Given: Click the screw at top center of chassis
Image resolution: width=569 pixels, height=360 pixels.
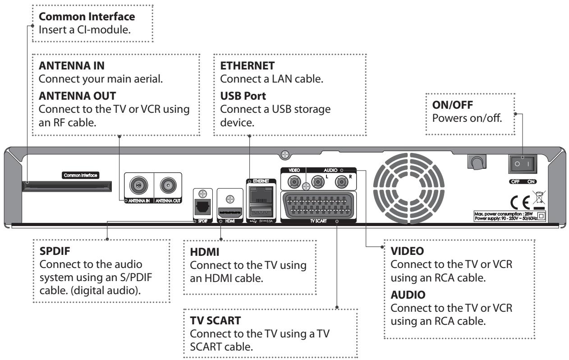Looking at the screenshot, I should (284, 154).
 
